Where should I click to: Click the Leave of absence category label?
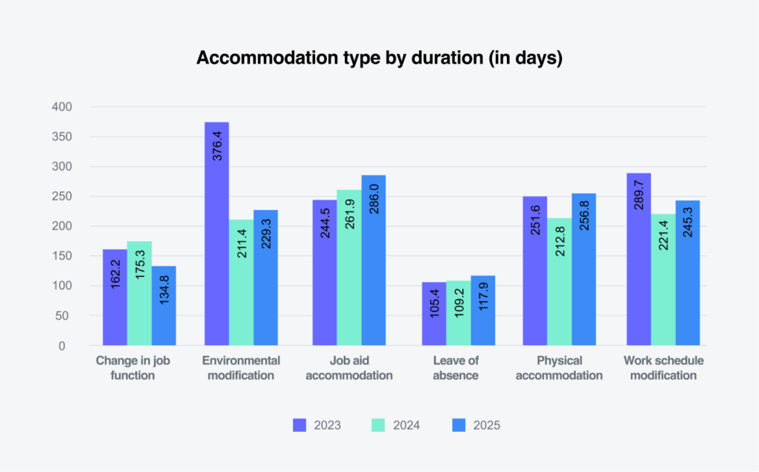pos(458,367)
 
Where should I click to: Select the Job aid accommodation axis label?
pos(349,367)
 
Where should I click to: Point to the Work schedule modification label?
pos(663,367)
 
